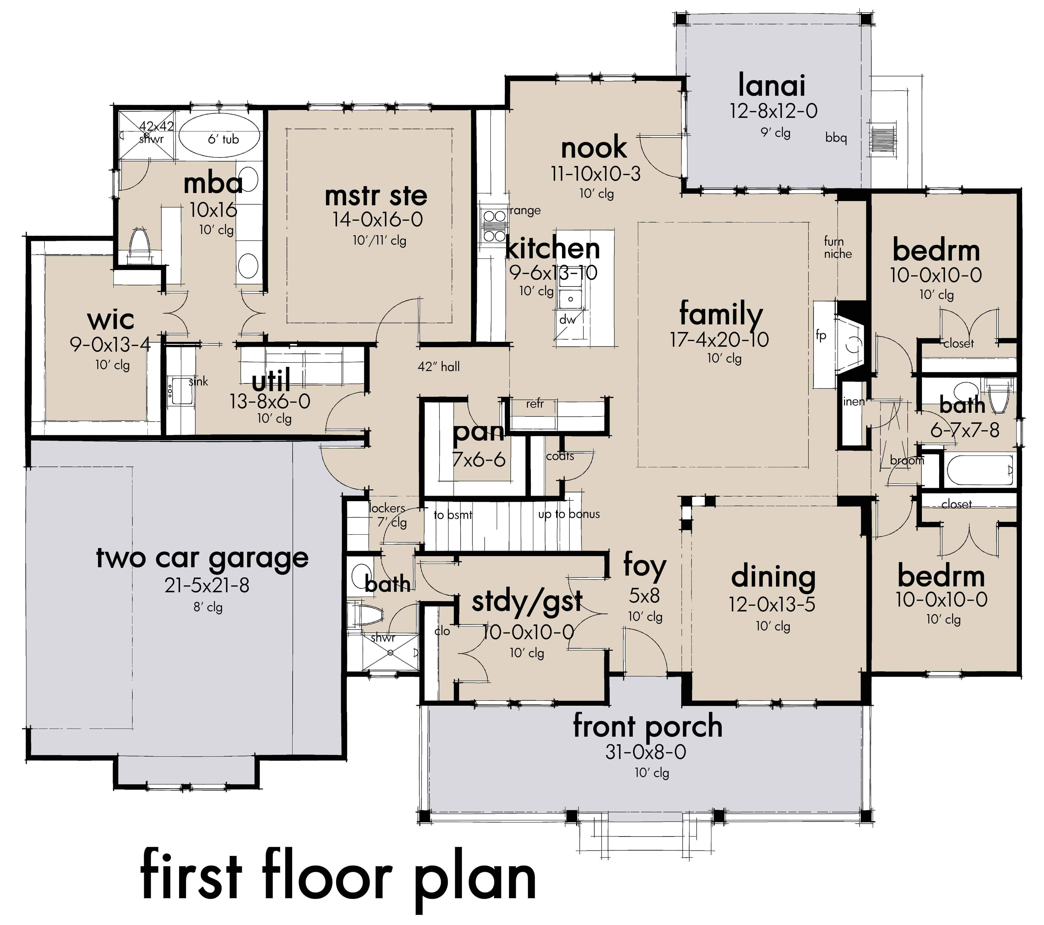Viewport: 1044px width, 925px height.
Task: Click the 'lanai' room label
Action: tap(772, 85)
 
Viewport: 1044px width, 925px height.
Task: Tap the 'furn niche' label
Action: tap(838, 248)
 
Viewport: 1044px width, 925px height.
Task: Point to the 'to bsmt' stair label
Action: tap(452, 515)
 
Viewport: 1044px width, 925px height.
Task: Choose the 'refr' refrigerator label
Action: tap(535, 404)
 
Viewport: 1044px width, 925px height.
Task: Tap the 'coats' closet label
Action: tap(560, 456)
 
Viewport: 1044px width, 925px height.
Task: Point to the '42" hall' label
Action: tap(438, 367)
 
